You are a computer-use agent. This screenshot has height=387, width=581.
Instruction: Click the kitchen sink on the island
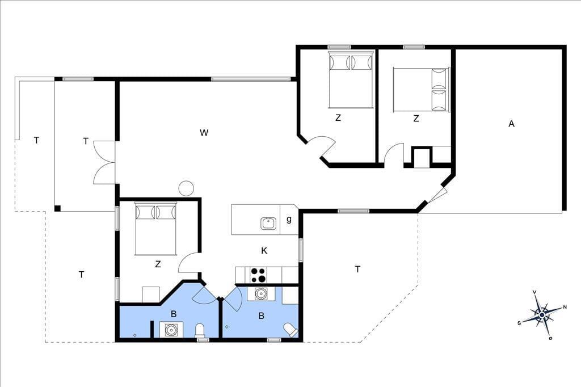click(268, 224)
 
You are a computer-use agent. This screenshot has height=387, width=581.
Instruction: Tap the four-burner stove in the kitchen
click(258, 275)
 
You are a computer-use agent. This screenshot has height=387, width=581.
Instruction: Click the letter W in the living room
click(204, 133)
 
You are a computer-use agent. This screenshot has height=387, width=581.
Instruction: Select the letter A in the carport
click(511, 124)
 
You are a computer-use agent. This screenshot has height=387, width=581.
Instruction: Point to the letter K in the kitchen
click(264, 251)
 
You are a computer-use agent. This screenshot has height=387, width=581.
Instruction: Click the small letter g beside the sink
click(289, 220)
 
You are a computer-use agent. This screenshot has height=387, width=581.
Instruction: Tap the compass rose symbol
click(542, 315)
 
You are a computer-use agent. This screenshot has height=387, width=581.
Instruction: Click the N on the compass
click(565, 307)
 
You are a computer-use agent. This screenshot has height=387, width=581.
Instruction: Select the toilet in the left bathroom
click(200, 330)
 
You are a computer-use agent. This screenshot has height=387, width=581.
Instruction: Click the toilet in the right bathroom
click(290, 330)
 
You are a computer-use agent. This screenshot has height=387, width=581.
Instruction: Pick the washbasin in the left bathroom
click(171, 330)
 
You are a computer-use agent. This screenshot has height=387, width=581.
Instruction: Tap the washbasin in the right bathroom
click(261, 293)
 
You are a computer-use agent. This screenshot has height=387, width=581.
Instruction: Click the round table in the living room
click(186, 188)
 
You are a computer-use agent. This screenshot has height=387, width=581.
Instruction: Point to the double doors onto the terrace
click(104, 162)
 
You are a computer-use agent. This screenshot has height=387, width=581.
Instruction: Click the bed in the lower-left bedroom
click(155, 229)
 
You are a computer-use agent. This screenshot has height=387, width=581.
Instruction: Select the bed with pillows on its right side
click(421, 89)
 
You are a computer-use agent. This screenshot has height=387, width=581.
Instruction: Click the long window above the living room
click(250, 79)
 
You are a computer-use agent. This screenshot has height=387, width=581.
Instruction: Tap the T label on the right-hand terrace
click(357, 270)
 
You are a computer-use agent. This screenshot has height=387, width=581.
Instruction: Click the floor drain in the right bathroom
click(227, 327)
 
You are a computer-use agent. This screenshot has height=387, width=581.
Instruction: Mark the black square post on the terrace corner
click(57, 208)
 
